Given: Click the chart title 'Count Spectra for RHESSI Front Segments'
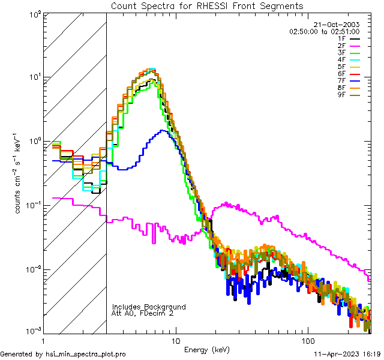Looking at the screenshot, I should (x=207, y=5).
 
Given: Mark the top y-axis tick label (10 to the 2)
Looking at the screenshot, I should (x=33, y=15).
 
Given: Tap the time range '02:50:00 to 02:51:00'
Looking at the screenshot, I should (x=324, y=31).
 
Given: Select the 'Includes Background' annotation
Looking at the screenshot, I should (x=149, y=307).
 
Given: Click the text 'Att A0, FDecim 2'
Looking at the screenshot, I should (x=143, y=313).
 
